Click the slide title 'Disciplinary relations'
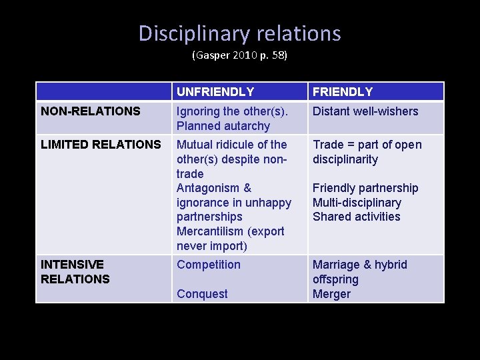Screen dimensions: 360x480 (239, 33)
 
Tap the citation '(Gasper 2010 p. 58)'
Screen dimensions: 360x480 (239, 55)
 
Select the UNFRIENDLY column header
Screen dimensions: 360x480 (215, 92)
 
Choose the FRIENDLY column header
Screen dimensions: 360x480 (343, 92)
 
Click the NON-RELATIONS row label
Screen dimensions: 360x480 (91, 111)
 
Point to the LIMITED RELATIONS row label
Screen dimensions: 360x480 (101, 145)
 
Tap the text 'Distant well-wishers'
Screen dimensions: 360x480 (365, 111)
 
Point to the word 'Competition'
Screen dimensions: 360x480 (209, 265)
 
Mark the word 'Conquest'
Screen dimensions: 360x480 (202, 294)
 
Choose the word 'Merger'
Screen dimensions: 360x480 (331, 294)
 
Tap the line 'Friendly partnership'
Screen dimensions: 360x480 (365, 188)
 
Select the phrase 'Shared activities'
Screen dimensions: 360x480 (357, 217)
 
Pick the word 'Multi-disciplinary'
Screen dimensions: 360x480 (357, 203)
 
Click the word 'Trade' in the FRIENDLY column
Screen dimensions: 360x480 (329, 145)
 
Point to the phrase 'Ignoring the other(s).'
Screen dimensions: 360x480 (232, 111)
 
